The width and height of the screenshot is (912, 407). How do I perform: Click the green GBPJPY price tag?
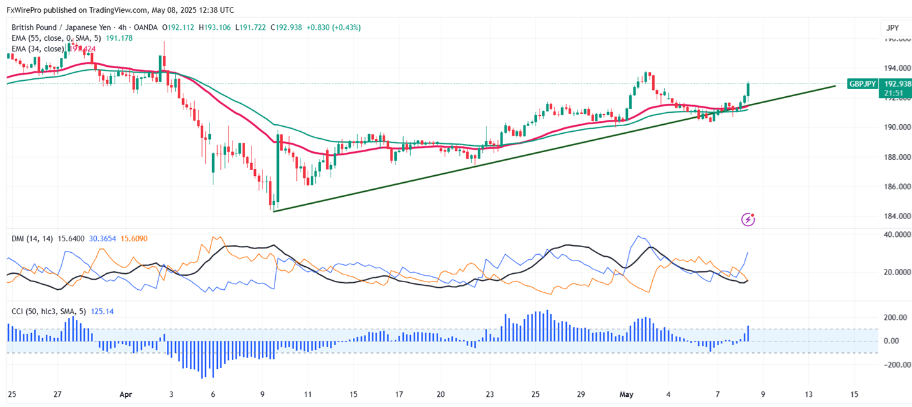click(x=864, y=83)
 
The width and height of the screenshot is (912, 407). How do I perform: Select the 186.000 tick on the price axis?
click(x=895, y=187)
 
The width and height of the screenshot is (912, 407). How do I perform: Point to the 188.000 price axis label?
click(x=895, y=157)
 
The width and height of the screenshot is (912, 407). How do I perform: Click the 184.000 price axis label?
click(x=895, y=217)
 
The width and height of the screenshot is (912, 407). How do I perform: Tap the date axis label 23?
click(x=490, y=394)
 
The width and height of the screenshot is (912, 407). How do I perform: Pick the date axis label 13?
click(x=809, y=394)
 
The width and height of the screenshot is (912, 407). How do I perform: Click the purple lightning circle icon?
click(x=748, y=220)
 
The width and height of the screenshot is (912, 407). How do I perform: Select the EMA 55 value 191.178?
click(x=119, y=38)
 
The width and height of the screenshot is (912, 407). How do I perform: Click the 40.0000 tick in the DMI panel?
click(x=895, y=234)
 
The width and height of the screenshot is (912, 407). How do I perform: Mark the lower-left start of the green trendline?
click(x=274, y=211)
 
